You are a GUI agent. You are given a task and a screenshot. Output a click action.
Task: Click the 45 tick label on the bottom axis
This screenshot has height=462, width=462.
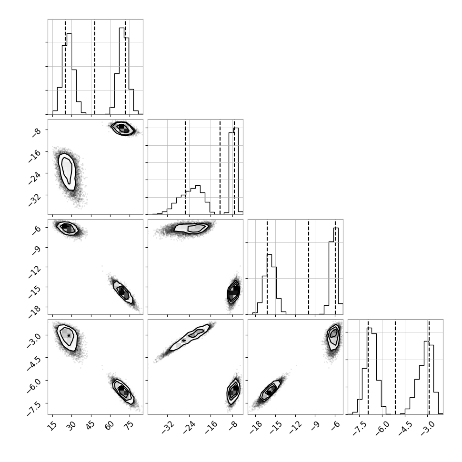point(90,424)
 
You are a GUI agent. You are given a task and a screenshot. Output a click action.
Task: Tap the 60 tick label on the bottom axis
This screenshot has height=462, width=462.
point(110,424)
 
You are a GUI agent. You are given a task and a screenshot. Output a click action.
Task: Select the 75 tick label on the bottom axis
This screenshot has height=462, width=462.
point(129,424)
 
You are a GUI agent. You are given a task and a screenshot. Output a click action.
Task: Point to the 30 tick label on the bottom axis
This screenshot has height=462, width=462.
point(70,424)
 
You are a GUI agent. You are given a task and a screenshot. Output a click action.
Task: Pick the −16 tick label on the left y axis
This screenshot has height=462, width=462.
point(35,155)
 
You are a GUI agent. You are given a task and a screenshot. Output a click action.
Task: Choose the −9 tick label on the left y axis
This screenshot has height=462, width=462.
point(36,250)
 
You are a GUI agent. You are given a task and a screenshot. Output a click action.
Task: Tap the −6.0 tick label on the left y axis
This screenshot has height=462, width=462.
point(33,384)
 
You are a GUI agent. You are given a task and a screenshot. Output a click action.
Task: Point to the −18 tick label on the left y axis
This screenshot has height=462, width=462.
point(35,310)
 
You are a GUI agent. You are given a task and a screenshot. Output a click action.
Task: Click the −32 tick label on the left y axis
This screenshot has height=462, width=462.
point(35,198)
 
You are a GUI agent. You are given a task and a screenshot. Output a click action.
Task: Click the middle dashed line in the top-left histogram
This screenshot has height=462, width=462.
point(95,67)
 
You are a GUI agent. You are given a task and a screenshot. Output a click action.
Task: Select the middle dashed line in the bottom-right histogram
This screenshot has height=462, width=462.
point(395,367)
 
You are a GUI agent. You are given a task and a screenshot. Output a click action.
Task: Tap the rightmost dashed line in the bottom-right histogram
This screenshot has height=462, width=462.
point(429,367)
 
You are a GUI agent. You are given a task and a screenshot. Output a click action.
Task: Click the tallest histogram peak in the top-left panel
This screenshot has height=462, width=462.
point(121,28)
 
